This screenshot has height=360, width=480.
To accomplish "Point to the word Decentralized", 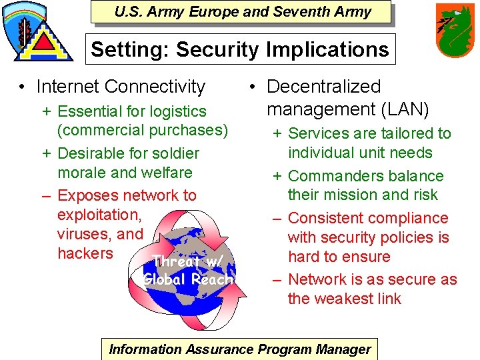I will [323, 87].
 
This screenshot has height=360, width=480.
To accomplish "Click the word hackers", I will [85, 253].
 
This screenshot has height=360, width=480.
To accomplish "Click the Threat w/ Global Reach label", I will [189, 270].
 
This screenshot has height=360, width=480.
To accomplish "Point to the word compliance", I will [412, 218].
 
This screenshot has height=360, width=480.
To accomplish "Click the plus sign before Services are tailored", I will [276, 133].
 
